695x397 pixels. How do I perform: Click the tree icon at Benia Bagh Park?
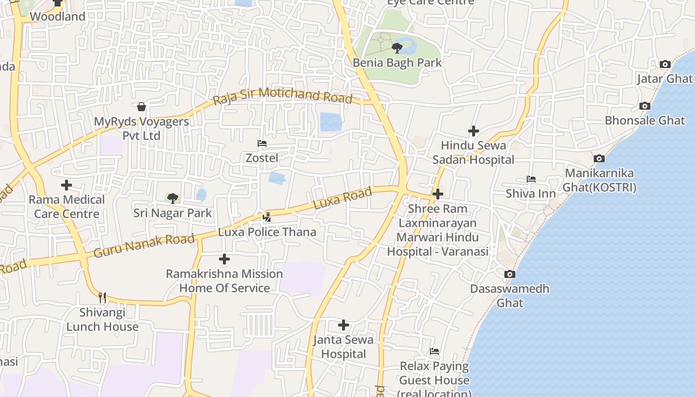(x=397, y=48)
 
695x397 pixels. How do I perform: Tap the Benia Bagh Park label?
(x=397, y=63)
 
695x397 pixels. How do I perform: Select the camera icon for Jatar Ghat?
(x=665, y=64)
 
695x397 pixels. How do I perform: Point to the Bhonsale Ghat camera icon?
(x=644, y=106)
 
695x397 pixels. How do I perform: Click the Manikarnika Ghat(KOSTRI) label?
(x=599, y=180)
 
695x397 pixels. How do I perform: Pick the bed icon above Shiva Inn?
(x=531, y=179)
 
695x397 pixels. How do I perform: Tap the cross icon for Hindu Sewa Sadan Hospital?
(x=474, y=131)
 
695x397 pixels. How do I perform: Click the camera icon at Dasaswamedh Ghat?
(x=509, y=274)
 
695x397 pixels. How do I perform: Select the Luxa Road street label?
(x=343, y=198)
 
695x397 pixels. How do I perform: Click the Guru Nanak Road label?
(x=144, y=246)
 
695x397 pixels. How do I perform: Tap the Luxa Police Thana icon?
(x=267, y=217)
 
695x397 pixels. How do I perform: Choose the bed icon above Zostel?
(x=262, y=143)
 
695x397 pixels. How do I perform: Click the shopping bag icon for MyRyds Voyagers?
(x=141, y=107)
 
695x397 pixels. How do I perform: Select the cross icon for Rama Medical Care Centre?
(x=67, y=185)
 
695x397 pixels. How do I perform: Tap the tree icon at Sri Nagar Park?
(x=172, y=198)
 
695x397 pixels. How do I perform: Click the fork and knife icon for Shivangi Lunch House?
(x=102, y=297)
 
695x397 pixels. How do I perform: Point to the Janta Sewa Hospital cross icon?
(x=343, y=325)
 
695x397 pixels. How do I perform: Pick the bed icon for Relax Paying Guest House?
(x=434, y=351)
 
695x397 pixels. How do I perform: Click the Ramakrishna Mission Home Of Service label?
(x=224, y=281)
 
